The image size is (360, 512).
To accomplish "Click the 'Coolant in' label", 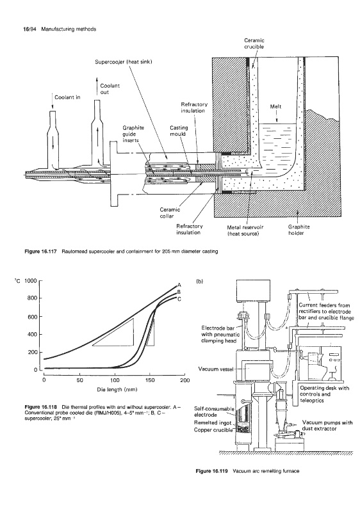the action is (67, 97).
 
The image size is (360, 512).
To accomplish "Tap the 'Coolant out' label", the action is (110, 89).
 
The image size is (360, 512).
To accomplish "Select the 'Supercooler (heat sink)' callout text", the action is (124, 61).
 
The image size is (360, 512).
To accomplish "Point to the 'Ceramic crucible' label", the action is (254, 44).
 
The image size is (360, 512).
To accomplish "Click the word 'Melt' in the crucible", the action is (275, 106).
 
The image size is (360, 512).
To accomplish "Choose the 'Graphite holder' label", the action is (299, 230).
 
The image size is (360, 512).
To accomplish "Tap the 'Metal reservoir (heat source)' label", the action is (245, 230).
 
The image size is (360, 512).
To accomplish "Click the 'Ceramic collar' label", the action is (170, 212).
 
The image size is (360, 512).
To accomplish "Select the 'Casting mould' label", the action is (179, 131).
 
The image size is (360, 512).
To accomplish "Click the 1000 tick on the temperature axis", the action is (30, 281).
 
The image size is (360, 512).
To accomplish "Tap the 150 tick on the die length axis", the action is (150, 380).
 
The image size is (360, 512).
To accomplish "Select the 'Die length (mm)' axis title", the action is (117, 390).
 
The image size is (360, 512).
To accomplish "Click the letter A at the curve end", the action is (179, 284).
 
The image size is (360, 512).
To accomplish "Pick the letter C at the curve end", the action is (179, 299).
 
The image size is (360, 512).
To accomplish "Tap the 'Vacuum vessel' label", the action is (216, 369).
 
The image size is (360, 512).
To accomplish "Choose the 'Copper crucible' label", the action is (213, 429).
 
